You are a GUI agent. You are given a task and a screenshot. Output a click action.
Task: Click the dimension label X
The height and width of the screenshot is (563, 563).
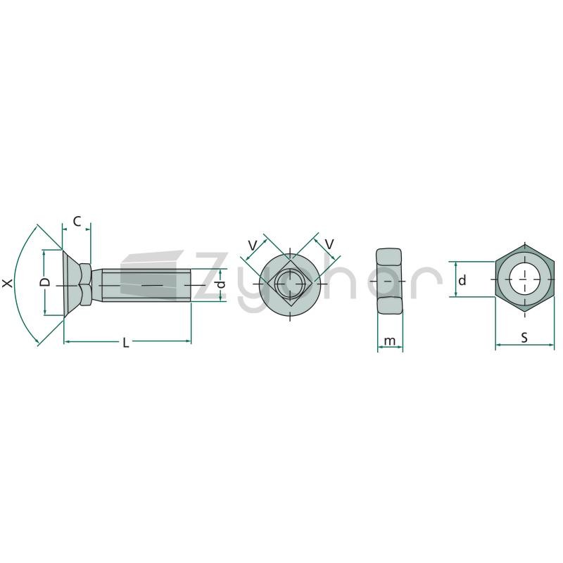(7, 284)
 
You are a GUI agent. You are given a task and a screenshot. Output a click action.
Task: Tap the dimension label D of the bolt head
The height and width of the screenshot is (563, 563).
(45, 282)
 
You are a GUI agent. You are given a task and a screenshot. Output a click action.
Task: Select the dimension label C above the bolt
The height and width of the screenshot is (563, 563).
(77, 222)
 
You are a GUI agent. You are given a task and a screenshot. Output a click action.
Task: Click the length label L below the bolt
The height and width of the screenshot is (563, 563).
(125, 343)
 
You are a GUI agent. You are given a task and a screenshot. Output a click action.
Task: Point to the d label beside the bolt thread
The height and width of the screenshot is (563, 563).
(222, 284)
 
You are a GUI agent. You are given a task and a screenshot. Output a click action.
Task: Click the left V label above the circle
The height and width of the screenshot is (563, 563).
(253, 246)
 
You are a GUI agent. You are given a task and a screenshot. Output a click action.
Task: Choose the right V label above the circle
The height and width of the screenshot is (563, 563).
(329, 244)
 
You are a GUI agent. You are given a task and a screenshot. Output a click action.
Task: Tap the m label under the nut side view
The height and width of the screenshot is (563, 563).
(390, 341)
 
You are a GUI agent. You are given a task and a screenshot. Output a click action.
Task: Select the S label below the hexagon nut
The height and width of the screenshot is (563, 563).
(524, 338)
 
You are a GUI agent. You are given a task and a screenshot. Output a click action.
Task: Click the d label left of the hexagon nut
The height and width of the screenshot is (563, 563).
(462, 279)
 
